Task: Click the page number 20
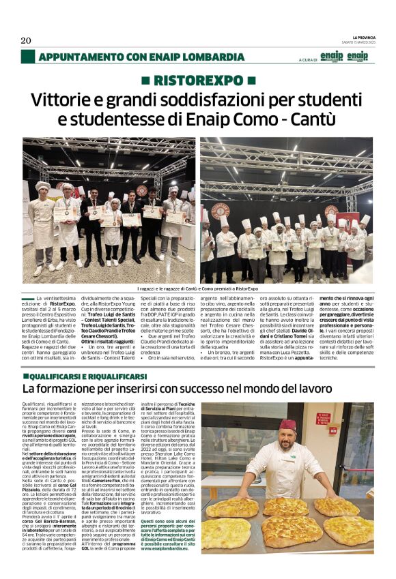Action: [26, 40]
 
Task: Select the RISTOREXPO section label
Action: [198, 81]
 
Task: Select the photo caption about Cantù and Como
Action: [198, 288]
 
